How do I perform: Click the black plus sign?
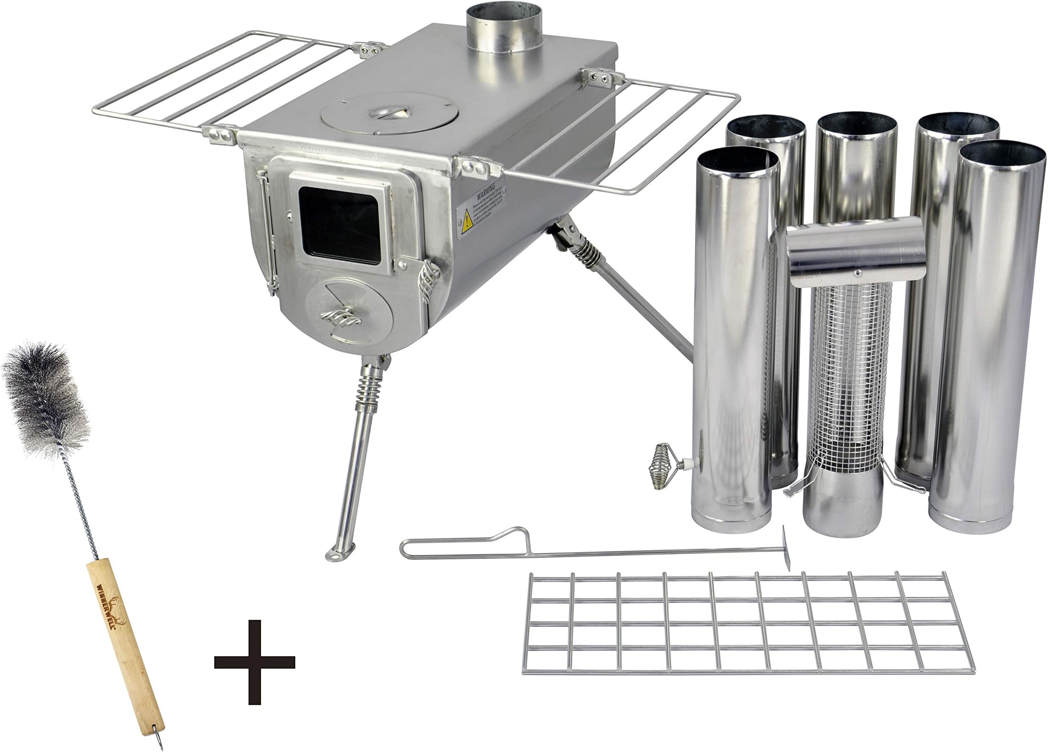click(255, 662)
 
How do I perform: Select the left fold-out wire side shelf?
click(222, 81)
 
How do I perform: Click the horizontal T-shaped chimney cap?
click(855, 252)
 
